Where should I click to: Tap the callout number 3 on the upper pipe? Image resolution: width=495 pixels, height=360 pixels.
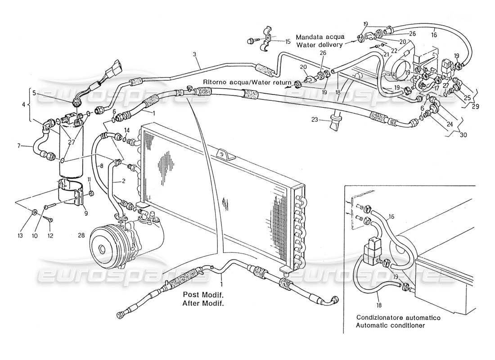195,54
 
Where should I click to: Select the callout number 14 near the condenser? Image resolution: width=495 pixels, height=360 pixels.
127,130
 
